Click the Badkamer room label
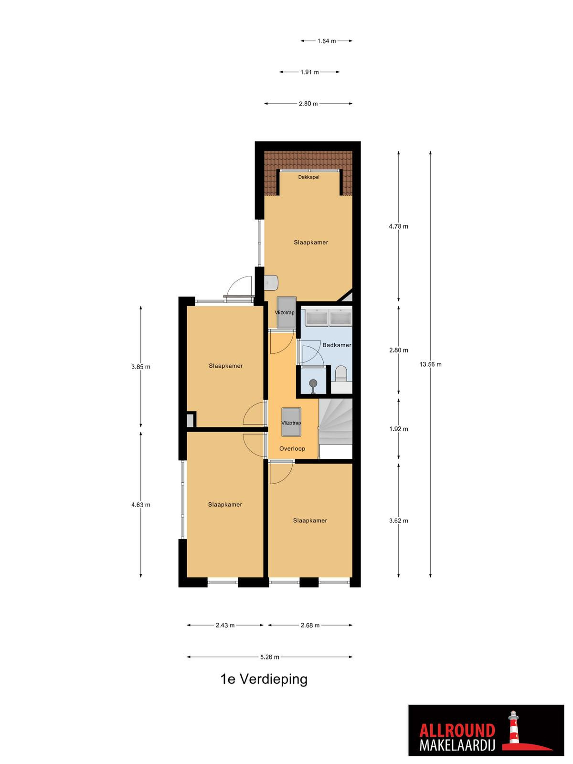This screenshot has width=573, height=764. (x=337, y=345)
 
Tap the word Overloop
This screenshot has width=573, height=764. (x=292, y=449)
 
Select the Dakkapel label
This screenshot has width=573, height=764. (x=308, y=177)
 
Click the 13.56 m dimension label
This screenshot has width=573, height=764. (x=430, y=364)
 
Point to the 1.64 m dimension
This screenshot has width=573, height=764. (x=326, y=41)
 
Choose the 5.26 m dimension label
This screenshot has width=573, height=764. (x=270, y=657)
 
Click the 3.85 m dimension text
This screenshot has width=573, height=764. (x=141, y=367)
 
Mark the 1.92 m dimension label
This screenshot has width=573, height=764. (x=399, y=429)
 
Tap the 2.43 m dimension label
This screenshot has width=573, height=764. (x=225, y=625)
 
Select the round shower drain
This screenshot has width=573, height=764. (x=313, y=383)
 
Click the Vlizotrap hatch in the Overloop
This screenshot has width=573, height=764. (x=291, y=422)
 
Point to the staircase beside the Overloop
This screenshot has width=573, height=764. (x=336, y=428)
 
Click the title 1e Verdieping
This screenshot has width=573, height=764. (x=264, y=679)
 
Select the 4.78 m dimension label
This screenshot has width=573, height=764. (x=399, y=226)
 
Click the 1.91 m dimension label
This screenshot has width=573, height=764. (x=309, y=73)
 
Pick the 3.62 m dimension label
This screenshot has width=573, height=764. (x=399, y=520)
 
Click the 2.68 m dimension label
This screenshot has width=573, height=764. (x=310, y=625)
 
